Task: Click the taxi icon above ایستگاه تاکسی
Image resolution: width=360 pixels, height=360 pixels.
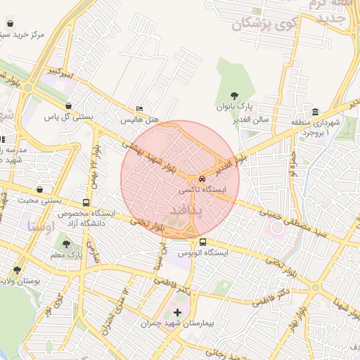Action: click(202, 179)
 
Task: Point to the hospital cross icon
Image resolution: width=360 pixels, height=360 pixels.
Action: click(176, 311)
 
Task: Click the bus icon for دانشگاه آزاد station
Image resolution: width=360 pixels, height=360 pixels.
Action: click(86, 202)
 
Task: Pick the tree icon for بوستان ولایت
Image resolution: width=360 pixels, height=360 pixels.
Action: click(17, 270)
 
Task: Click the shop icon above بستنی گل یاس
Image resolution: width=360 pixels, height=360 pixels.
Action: click(68, 106)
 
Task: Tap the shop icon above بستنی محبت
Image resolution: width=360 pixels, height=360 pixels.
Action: click(40, 189)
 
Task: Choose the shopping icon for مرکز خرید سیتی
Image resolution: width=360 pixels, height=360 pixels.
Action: click(9, 23)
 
